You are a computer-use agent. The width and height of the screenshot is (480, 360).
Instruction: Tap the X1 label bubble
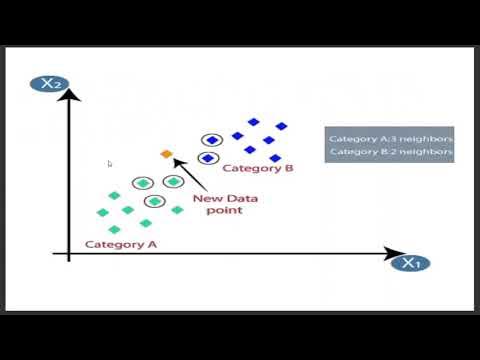[x=410, y=264]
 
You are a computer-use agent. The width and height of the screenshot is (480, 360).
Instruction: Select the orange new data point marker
[x=167, y=154]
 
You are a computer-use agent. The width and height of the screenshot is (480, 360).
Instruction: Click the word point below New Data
[x=224, y=212]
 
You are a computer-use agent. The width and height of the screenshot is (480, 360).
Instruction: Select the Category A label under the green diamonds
[x=121, y=244]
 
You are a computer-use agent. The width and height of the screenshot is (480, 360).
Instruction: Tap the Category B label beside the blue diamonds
[x=257, y=169]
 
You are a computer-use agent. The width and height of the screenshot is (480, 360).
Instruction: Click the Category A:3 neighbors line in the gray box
[x=391, y=138]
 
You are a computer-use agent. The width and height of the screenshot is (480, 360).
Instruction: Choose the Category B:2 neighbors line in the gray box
[x=391, y=152]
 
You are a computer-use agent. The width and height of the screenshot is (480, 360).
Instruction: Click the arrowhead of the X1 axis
[x=397, y=257]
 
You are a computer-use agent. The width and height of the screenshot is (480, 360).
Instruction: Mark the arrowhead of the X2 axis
[x=69, y=95]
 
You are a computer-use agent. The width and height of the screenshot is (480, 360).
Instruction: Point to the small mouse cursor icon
[x=110, y=163]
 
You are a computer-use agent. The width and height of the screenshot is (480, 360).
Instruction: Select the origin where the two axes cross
[x=69, y=257]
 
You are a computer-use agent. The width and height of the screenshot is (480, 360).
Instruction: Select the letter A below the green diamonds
[x=152, y=244]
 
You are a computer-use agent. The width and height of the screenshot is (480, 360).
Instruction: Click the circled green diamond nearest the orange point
[x=173, y=181]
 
